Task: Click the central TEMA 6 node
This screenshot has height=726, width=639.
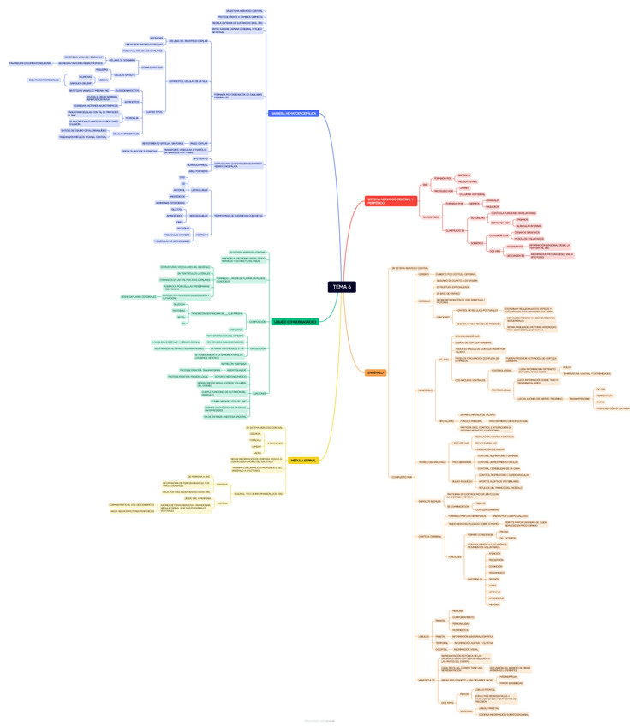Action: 341,287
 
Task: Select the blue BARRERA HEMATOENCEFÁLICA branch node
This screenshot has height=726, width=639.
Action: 293,113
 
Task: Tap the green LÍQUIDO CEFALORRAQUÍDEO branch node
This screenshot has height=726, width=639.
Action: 294,322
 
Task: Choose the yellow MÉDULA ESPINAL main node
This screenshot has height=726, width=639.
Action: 303,461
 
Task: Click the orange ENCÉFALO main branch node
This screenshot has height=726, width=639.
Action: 375,372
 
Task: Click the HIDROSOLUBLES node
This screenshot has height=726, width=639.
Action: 198,215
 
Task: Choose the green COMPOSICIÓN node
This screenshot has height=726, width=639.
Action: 257,322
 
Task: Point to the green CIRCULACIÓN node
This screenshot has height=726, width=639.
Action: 258,348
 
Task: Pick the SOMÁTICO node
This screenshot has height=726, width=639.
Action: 477,242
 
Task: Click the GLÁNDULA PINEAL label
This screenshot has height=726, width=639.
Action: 198,164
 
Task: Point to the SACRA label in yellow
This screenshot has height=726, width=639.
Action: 257,453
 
